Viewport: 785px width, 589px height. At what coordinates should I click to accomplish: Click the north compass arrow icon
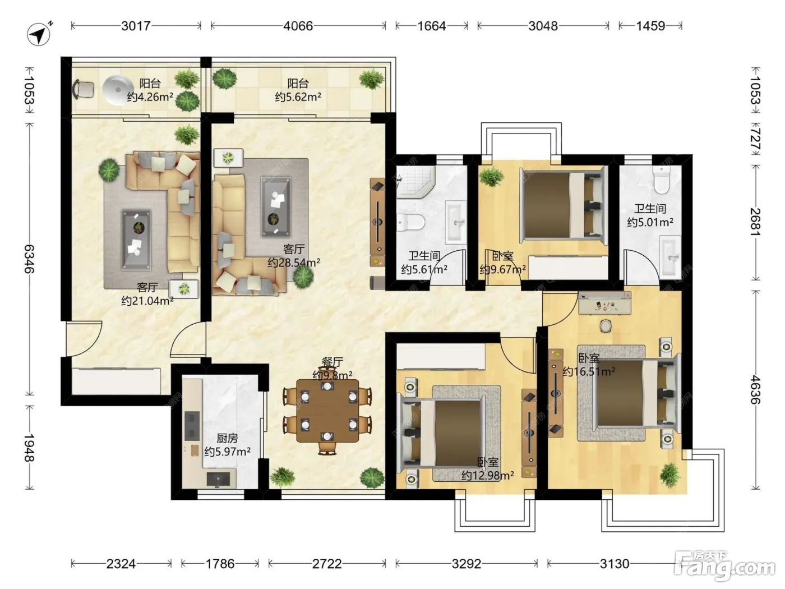pyautogui.click(x=39, y=34)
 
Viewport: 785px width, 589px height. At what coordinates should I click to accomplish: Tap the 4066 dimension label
pyautogui.click(x=298, y=26)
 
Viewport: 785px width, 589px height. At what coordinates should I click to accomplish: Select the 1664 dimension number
pyautogui.click(x=432, y=26)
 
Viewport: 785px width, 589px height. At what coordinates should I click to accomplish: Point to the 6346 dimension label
pyautogui.click(x=29, y=259)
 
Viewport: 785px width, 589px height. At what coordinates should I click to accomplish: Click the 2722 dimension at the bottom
pyautogui.click(x=327, y=564)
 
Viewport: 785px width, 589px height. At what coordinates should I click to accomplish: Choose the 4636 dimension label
pyautogui.click(x=755, y=389)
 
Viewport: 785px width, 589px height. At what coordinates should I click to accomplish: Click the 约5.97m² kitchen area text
pyautogui.click(x=227, y=452)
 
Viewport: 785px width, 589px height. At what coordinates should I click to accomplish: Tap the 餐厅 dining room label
pyautogui.click(x=333, y=362)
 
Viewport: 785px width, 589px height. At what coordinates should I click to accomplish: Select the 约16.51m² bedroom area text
pyautogui.click(x=589, y=371)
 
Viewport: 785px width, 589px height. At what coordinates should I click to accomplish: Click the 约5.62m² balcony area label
pyautogui.click(x=298, y=97)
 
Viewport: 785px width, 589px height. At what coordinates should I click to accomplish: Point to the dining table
pyautogui.click(x=327, y=411)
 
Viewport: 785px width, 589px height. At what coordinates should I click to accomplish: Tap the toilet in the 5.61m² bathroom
pyautogui.click(x=410, y=222)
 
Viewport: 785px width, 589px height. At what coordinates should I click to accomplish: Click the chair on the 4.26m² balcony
pyautogui.click(x=84, y=89)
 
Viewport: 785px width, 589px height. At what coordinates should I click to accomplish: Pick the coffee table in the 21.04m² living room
pyautogui.click(x=136, y=240)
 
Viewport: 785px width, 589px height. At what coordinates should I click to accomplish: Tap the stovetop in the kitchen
pyautogui.click(x=192, y=426)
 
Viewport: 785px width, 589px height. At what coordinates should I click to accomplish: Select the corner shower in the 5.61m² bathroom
pyautogui.click(x=415, y=182)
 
